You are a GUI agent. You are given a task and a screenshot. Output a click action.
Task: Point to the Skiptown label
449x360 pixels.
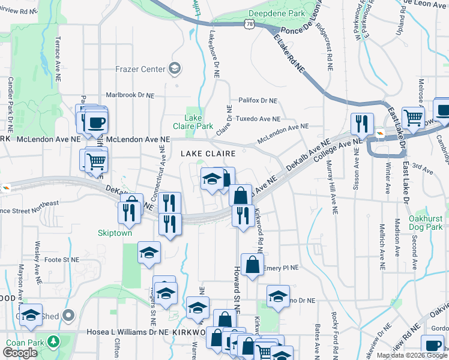tap(115, 233)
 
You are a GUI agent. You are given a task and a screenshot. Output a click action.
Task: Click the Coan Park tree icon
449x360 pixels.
tap(54, 341)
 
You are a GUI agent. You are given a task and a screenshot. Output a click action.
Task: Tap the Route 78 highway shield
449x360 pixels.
tap(250, 23)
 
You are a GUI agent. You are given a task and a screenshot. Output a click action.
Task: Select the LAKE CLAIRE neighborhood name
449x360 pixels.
tap(208, 154)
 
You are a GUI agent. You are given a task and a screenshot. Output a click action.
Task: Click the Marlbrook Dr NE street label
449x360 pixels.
tap(130, 95)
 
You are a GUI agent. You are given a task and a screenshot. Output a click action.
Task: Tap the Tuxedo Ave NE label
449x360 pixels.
tap(258, 119)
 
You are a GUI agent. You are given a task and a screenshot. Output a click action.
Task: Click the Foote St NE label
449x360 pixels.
tap(62, 260)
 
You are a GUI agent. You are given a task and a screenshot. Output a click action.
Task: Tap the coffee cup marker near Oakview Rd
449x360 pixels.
tap(433, 346)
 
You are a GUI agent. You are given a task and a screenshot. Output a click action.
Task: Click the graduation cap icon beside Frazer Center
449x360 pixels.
tap(175, 68)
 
